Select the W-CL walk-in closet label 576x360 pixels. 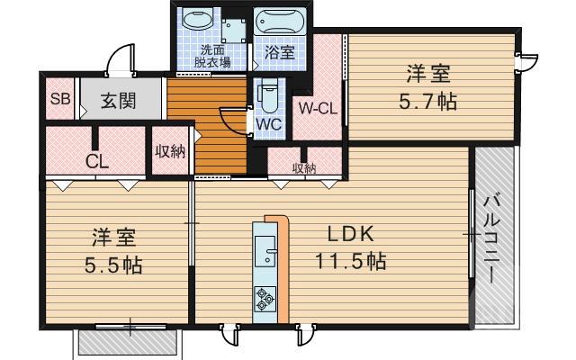pyautogui.click(x=318, y=111)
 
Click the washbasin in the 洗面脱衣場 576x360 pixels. pyautogui.click(x=195, y=21)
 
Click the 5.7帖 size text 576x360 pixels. pyautogui.click(x=427, y=101)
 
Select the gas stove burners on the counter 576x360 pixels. pyautogui.click(x=265, y=295)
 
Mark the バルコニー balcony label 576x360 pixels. pyautogui.click(x=493, y=238)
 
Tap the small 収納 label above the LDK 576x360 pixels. pyautogui.click(x=303, y=167)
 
